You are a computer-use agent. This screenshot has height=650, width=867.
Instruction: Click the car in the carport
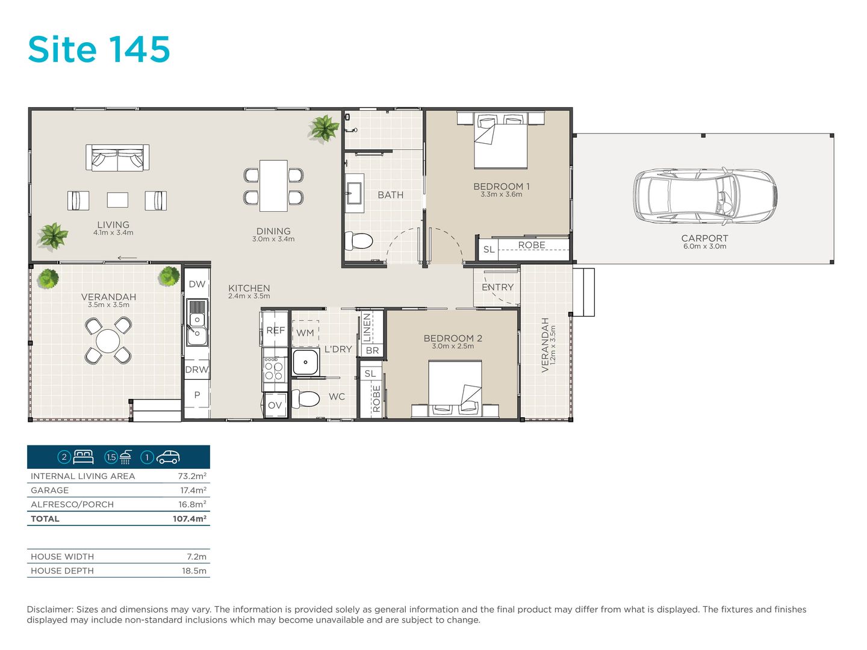pyautogui.click(x=705, y=196)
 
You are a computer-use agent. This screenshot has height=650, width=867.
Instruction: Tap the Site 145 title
pyautogui.click(x=99, y=49)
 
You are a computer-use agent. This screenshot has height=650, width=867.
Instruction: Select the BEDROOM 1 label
pyautogui.click(x=502, y=186)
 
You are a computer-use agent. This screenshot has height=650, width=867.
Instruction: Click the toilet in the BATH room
pyautogui.click(x=359, y=240)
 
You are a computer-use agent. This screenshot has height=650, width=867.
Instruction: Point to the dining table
pyautogui.click(x=273, y=185)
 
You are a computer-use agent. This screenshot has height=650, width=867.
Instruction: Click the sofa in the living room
pyautogui.click(x=117, y=158)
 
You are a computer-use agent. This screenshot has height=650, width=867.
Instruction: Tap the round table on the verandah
pyautogui.click(x=108, y=340)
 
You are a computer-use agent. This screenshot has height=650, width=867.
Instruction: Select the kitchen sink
pyautogui.click(x=197, y=323)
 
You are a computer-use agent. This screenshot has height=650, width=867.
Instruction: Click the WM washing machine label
pyautogui.click(x=305, y=333)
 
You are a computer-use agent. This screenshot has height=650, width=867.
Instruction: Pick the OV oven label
pyautogui.click(x=275, y=405)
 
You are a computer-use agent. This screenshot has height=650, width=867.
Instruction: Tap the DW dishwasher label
pyautogui.click(x=197, y=283)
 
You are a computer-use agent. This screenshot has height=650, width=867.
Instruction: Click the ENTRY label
pyautogui.click(x=498, y=287)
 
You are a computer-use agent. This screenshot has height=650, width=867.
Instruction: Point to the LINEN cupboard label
pyautogui.click(x=367, y=327)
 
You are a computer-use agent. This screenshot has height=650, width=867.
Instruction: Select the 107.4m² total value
pyautogui.click(x=190, y=518)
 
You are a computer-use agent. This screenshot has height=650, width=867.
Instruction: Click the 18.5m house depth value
pyautogui.click(x=194, y=571)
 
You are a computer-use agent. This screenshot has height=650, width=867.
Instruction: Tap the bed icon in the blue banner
pyautogui.click(x=83, y=457)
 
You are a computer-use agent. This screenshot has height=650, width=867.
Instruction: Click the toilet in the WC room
pyautogui.click(x=305, y=398)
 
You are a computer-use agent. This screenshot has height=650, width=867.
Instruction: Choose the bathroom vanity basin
pyautogui.click(x=355, y=193)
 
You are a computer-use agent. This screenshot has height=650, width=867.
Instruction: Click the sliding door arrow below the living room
pyautogui.click(x=127, y=258)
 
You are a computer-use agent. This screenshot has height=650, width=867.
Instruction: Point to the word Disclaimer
pyautogui.click(x=50, y=609)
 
